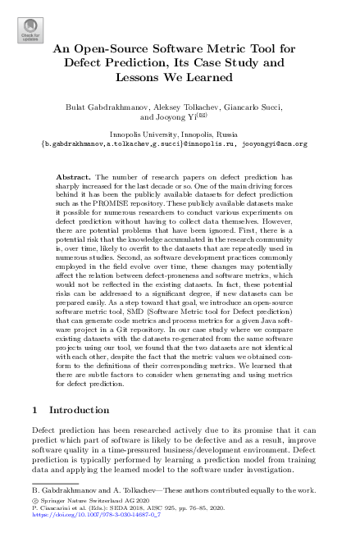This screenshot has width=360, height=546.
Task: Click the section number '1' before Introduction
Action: pyautogui.click(x=34, y=409)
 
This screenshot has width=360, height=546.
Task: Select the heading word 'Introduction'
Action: pyautogui.click(x=80, y=409)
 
